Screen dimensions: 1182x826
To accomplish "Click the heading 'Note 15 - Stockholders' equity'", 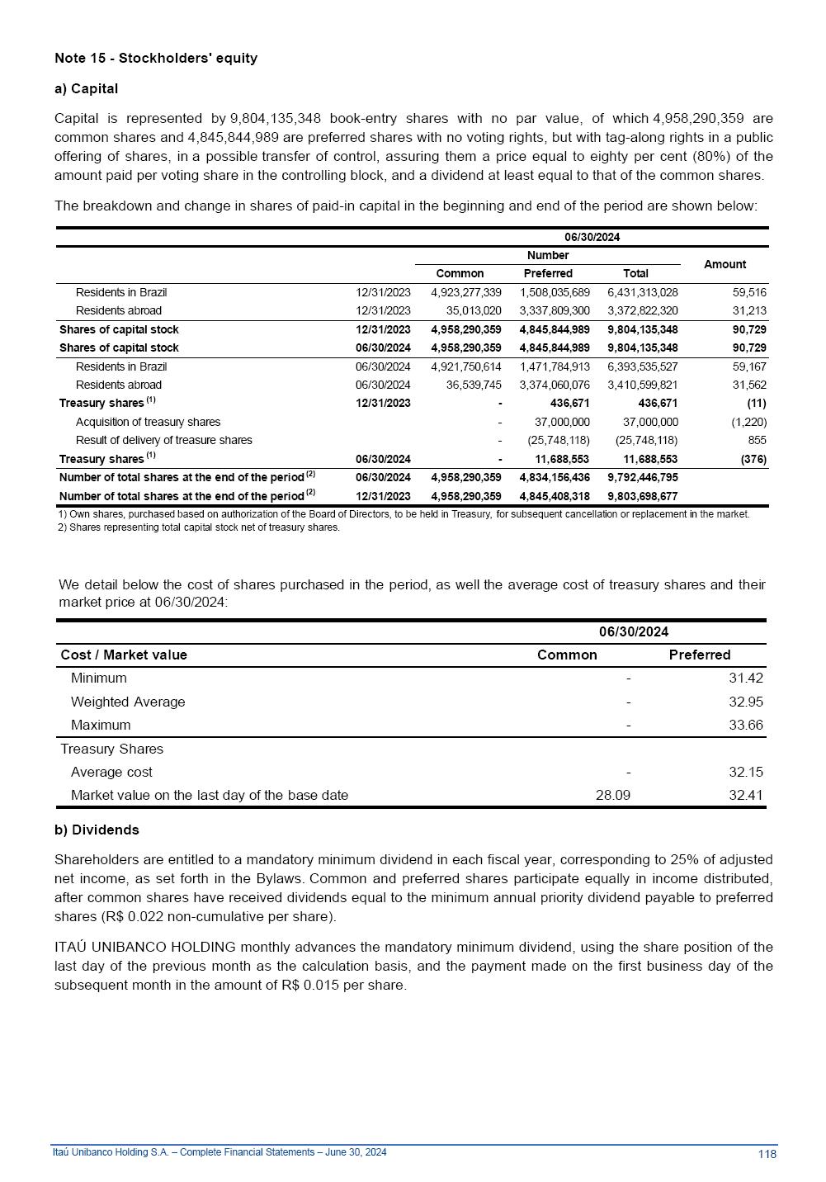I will click(x=156, y=58).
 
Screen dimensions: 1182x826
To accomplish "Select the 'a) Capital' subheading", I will click(x=86, y=88).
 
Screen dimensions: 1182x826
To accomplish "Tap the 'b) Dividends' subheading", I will click(x=97, y=830).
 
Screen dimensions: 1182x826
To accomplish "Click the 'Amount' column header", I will click(x=725, y=264).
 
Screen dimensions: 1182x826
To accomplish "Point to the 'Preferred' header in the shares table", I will click(x=548, y=273).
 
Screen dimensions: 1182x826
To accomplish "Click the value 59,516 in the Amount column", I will click(x=749, y=292).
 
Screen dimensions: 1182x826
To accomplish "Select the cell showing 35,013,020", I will click(x=473, y=310).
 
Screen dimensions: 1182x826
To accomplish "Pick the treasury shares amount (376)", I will click(x=753, y=459).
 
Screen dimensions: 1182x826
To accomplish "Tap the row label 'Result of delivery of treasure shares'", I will click(x=163, y=440).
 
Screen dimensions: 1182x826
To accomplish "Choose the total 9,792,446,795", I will click(x=642, y=477).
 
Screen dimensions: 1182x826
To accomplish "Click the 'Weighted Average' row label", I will click(x=128, y=702).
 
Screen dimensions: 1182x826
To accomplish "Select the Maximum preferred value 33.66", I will click(x=745, y=725).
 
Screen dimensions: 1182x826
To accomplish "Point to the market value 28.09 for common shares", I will click(x=612, y=795).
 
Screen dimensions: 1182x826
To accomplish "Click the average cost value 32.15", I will click(x=745, y=772).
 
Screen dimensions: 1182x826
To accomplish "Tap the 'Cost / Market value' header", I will click(x=124, y=655).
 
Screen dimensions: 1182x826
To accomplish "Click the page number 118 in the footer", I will click(x=767, y=1154).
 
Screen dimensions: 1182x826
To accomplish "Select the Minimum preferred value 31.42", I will click(x=745, y=678).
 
